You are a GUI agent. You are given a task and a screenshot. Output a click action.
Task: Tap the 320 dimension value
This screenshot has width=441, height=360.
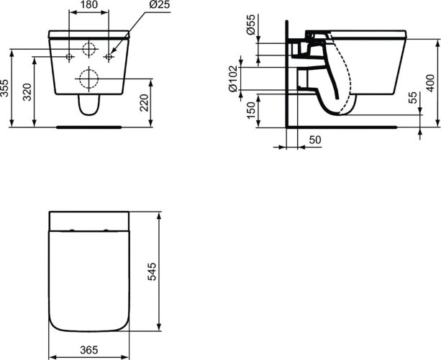point(27,92)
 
